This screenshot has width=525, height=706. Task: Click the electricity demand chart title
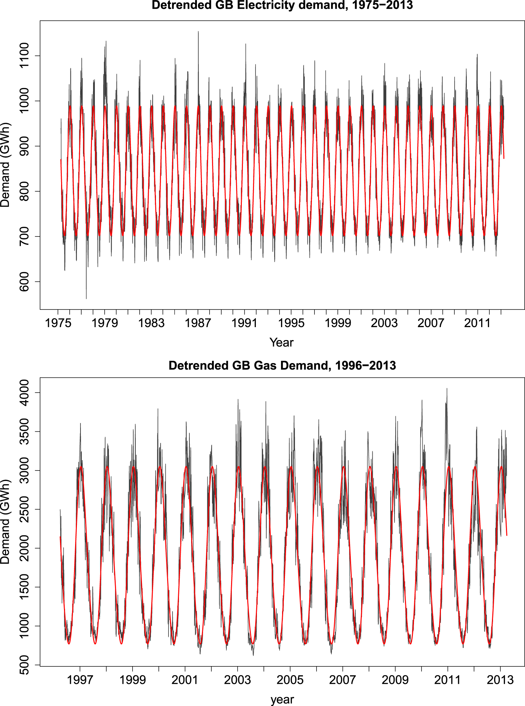click(x=282, y=5)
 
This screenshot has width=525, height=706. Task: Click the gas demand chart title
click(x=282, y=366)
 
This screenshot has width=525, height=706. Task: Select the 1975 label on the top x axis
click(x=58, y=323)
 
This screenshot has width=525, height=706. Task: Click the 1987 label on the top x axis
click(x=198, y=323)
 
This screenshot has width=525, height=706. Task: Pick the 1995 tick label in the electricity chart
click(x=291, y=323)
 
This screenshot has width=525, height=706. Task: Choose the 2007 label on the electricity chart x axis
click(x=431, y=323)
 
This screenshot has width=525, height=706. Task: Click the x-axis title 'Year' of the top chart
click(x=281, y=342)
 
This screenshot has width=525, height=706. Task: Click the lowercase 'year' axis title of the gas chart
click(x=282, y=700)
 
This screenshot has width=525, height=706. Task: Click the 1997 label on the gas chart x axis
click(x=80, y=680)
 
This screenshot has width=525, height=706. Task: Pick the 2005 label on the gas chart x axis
click(x=290, y=680)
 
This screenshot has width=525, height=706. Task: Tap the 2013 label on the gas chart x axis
click(x=500, y=680)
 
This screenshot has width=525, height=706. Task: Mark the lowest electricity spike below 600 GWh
click(x=86, y=298)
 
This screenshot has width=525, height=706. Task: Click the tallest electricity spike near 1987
click(x=198, y=32)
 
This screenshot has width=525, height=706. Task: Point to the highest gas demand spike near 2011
click(x=447, y=389)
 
